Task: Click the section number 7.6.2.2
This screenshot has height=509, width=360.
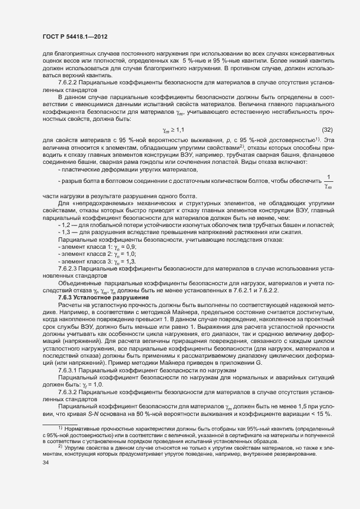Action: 70,82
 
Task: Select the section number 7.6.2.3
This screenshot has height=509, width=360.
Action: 70,269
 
